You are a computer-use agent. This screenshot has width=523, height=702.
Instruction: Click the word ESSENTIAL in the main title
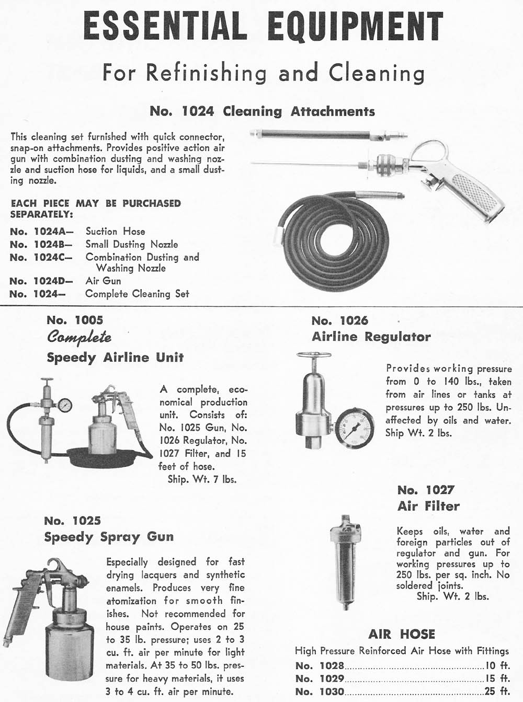pyautogui.click(x=165, y=26)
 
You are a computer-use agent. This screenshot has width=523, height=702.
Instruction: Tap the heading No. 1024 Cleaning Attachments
pyautogui.click(x=262, y=111)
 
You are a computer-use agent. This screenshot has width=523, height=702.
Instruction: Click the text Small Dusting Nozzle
pyautogui.click(x=132, y=244)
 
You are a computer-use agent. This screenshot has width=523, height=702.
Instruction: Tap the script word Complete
pyautogui.click(x=79, y=337)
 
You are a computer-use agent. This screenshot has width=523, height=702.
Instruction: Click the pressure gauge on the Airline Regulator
pyautogui.click(x=347, y=428)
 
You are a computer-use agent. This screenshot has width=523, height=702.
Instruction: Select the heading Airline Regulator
pyautogui.click(x=371, y=337)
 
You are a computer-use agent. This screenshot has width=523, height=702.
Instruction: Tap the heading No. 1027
pyautogui.click(x=426, y=490)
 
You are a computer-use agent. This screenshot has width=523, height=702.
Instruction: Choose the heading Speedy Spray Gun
pyautogui.click(x=109, y=537)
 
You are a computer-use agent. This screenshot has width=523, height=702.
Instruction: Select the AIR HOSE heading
pyautogui.click(x=402, y=634)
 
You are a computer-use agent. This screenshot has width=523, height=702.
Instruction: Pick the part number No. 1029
pyautogui.click(x=320, y=678)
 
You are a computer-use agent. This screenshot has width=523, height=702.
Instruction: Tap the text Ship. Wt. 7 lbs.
pyautogui.click(x=202, y=479)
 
